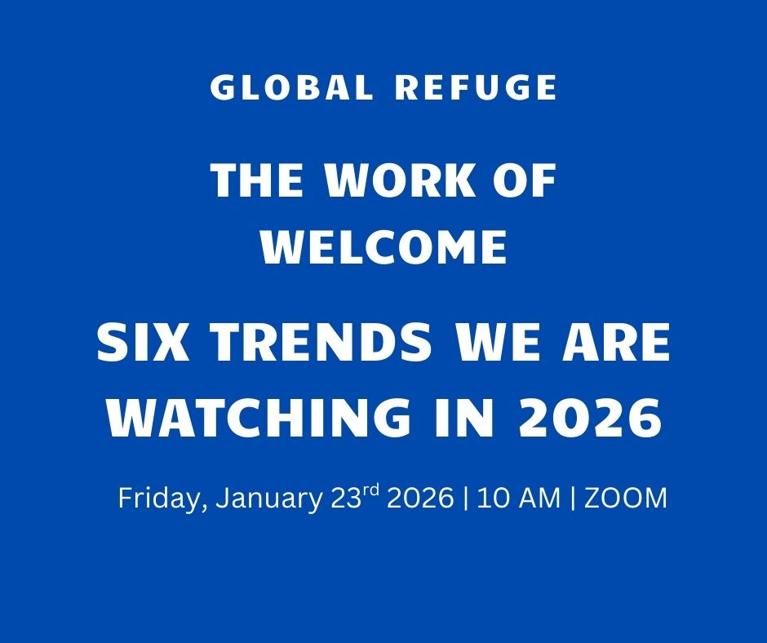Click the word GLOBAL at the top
click(x=291, y=87)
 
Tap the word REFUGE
click(x=476, y=87)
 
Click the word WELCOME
click(x=384, y=247)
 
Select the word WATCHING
click(x=259, y=418)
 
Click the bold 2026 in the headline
click(x=589, y=418)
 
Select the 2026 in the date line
click(x=419, y=498)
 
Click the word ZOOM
click(x=626, y=498)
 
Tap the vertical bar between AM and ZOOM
click(x=572, y=499)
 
